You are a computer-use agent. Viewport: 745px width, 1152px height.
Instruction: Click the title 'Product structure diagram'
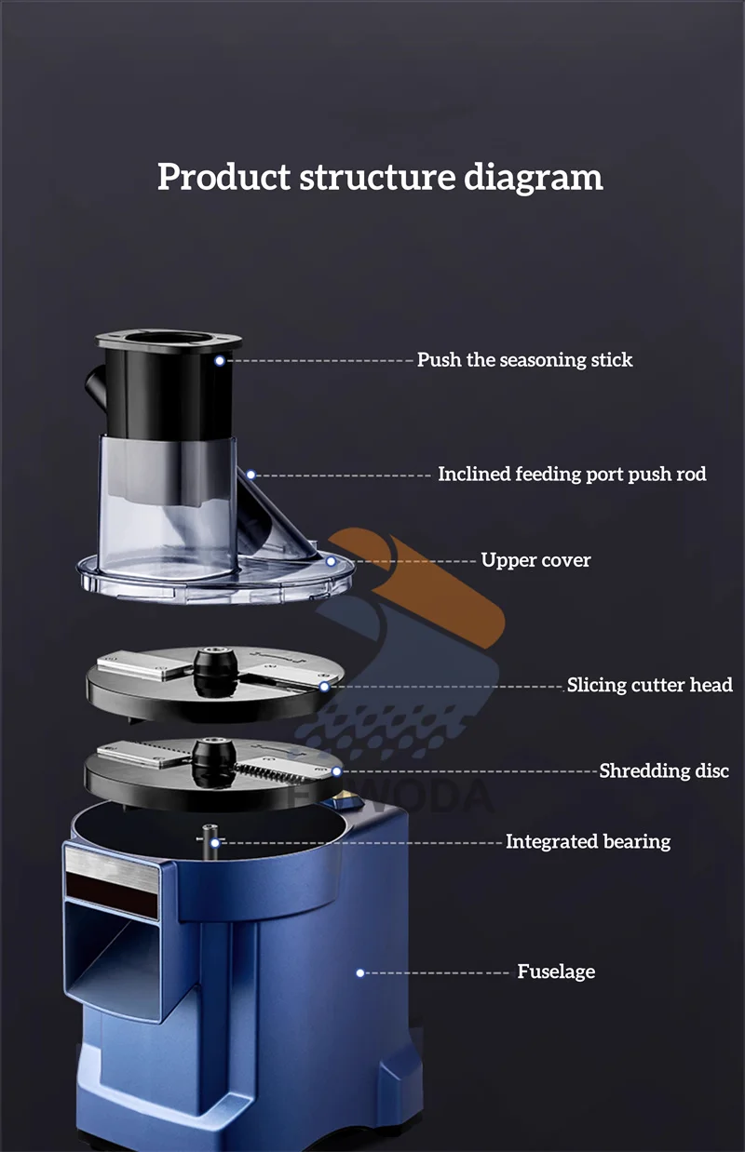point(380,177)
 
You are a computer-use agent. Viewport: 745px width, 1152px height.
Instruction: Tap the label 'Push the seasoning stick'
point(524,360)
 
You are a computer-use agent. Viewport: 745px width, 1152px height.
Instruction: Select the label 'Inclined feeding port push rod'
point(572,475)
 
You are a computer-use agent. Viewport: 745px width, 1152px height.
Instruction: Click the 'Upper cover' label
point(535,560)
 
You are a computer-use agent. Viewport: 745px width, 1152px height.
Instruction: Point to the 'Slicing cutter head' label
point(649,686)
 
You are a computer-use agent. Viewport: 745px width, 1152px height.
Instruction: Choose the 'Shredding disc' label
point(664,771)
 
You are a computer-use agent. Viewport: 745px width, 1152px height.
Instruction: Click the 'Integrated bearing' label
point(588,842)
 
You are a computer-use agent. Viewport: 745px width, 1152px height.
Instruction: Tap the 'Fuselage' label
point(556,972)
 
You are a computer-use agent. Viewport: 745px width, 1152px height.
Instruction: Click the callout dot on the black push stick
point(220,360)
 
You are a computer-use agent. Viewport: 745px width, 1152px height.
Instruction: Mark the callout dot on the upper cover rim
point(331,561)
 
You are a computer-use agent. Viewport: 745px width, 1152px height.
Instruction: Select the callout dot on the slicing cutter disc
point(324,687)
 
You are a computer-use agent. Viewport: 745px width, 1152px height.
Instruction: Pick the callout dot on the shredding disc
point(336,771)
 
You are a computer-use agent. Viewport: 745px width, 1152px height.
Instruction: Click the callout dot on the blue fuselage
point(360,972)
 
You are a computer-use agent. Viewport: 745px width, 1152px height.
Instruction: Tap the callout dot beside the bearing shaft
point(215,842)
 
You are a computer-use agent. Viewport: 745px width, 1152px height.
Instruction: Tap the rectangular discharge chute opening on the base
point(115,963)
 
